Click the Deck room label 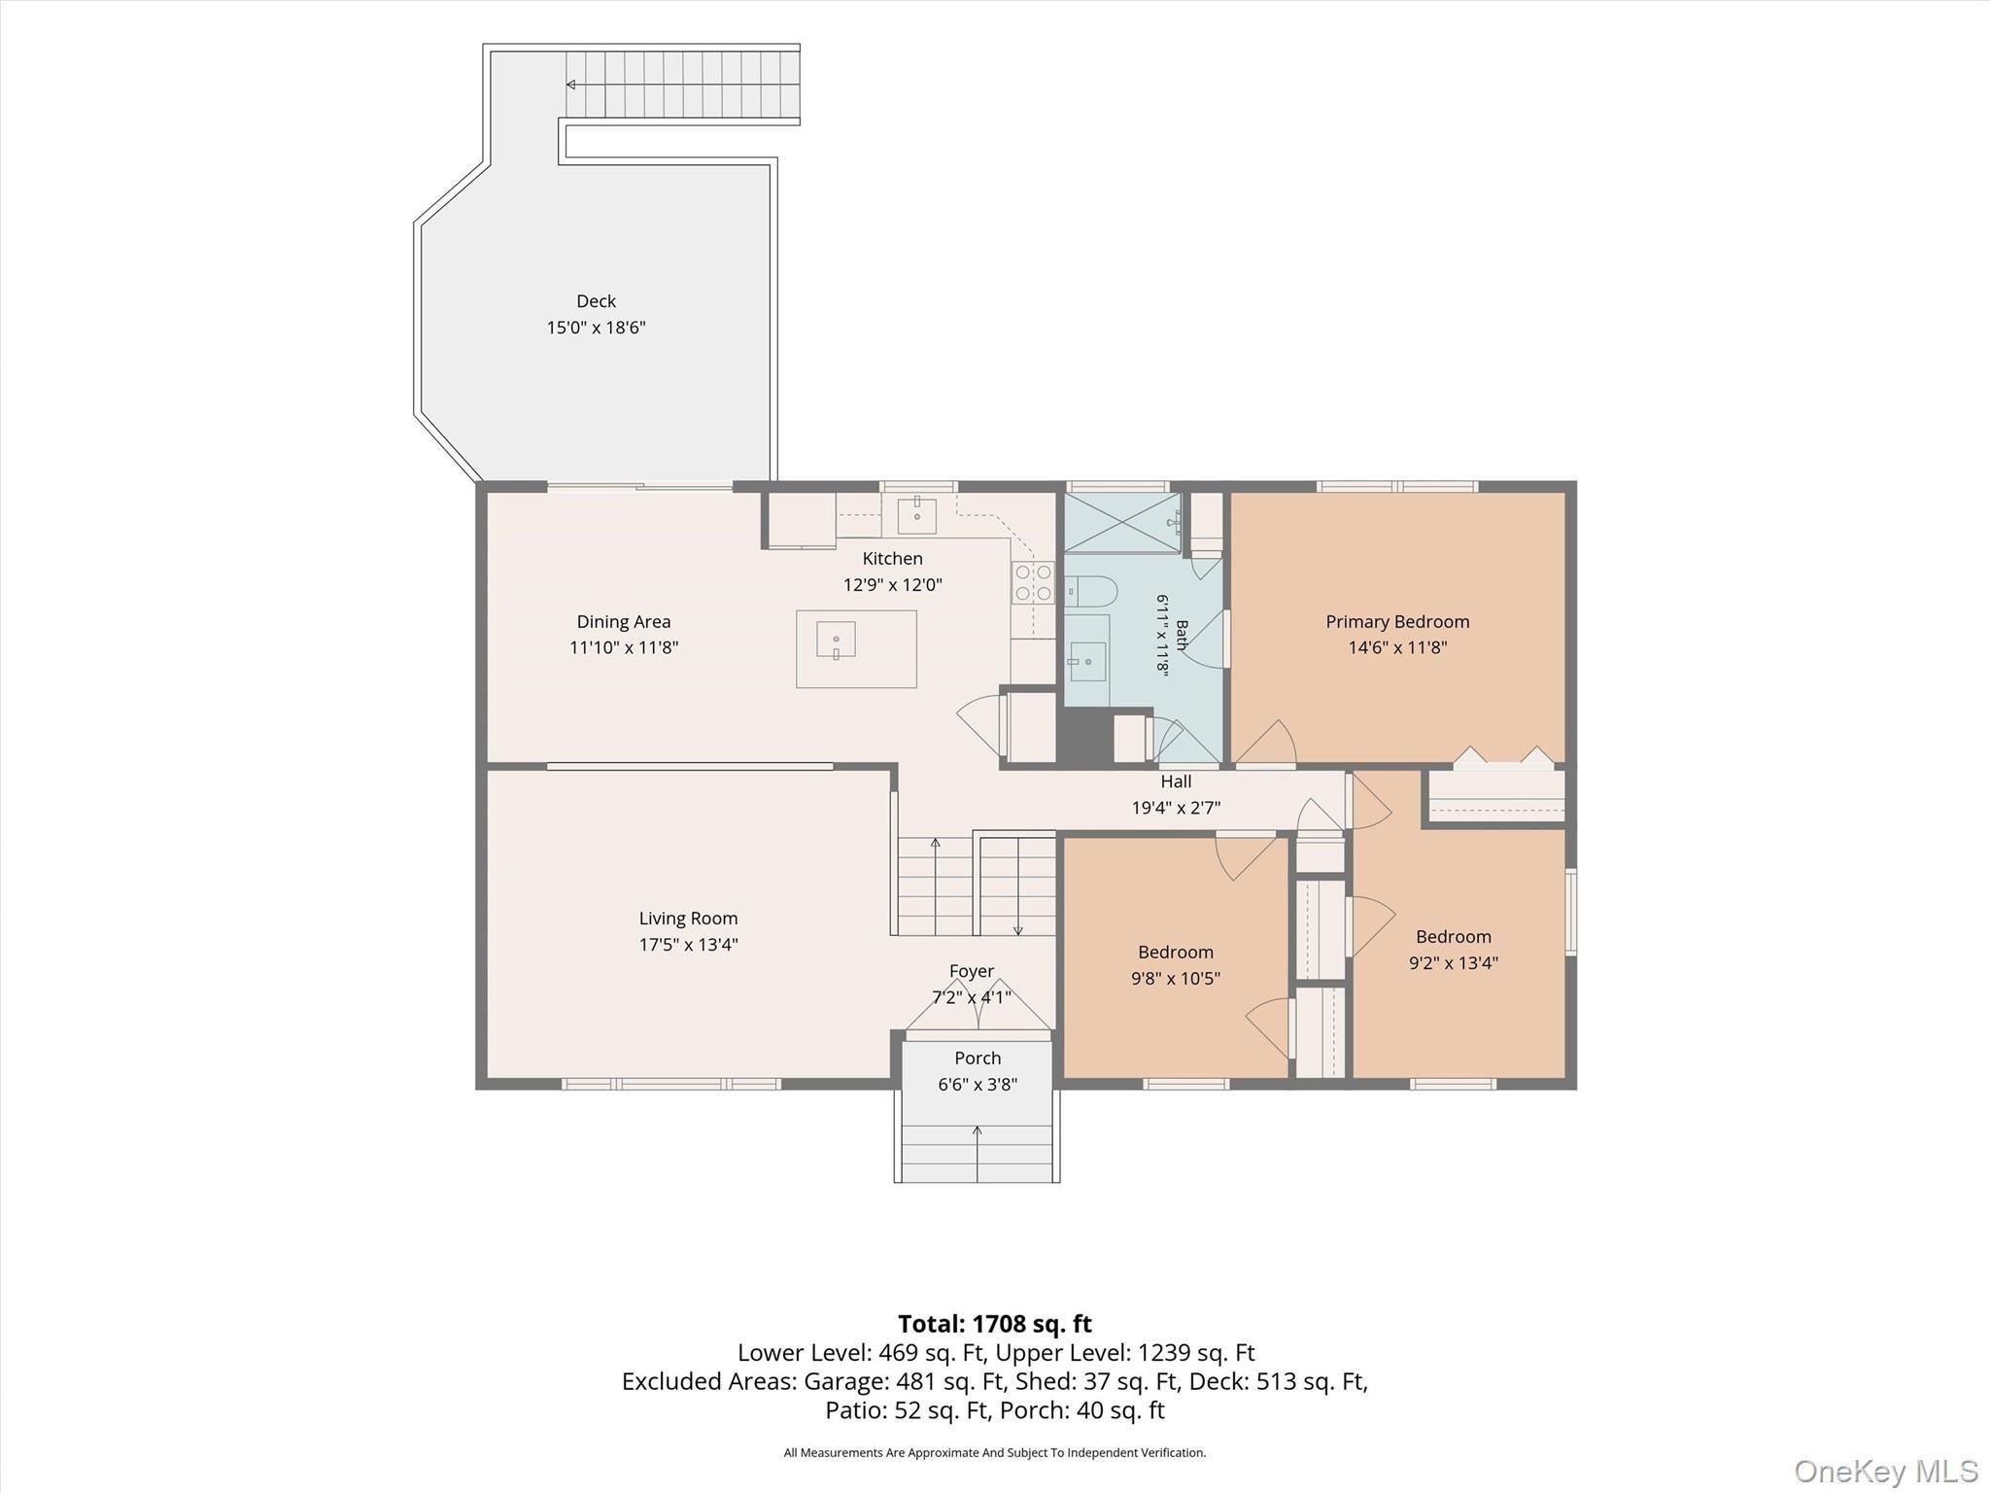coord(596,301)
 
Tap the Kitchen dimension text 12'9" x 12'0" coord(892,585)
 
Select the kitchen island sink coord(836,641)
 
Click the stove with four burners coord(1034,582)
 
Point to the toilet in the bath coord(1091,591)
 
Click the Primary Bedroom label coord(1397,622)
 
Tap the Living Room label coord(688,919)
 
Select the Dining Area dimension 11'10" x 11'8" coord(624,647)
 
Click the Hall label coord(1176,781)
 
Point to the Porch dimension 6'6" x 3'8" coord(978,1085)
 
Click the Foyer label coord(972,971)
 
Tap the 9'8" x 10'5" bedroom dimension coord(1176,979)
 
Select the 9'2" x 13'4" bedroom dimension coord(1454,963)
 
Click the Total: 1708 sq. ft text coord(995,1324)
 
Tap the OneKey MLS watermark coord(1886,1471)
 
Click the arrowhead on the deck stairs coord(570,85)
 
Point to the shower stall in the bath coord(1122,523)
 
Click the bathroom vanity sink coord(1087,661)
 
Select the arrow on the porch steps coord(978,1154)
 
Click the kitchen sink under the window coord(916,515)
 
